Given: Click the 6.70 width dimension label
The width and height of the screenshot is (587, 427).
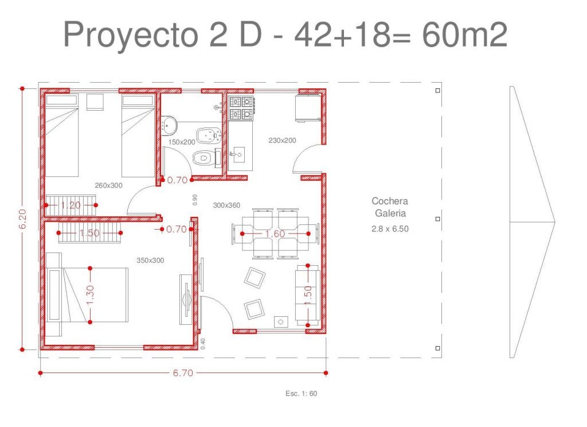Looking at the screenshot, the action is [x=183, y=373].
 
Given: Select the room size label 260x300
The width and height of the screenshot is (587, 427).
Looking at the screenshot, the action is [x=108, y=185].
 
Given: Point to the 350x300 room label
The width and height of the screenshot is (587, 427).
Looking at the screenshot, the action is [x=150, y=260].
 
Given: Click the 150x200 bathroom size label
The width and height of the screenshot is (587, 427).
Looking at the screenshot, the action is [x=182, y=142].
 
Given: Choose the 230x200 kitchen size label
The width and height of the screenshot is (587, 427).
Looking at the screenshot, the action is [x=282, y=140].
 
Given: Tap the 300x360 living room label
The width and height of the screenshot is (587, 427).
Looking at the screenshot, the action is [x=226, y=205].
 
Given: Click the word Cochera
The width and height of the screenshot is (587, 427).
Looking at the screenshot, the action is [x=390, y=201].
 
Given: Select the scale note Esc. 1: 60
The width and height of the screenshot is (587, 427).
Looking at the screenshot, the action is [x=301, y=393].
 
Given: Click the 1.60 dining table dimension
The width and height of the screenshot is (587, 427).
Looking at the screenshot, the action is [x=275, y=234].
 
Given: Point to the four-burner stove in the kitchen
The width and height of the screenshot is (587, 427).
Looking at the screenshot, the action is [x=241, y=108].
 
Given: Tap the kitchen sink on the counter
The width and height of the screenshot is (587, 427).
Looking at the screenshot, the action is [x=237, y=154].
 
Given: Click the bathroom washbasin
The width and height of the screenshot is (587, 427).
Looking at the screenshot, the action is [x=170, y=124].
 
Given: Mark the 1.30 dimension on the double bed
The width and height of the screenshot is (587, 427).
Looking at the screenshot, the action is [x=90, y=295].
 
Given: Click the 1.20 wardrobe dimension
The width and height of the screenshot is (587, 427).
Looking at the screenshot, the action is [x=71, y=205].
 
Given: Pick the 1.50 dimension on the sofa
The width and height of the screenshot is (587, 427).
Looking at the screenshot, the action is [x=308, y=295].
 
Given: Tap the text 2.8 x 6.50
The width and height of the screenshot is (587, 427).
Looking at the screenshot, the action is [x=390, y=228].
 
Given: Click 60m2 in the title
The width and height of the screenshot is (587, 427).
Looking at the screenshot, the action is [x=464, y=34].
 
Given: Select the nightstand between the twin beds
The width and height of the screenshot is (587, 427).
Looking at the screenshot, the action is [x=95, y=102].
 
